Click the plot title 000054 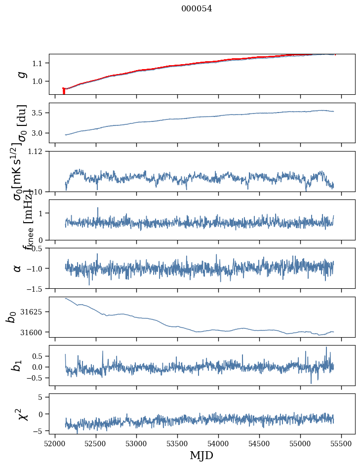point(197,8)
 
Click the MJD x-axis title point(201,456)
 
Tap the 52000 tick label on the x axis point(55,444)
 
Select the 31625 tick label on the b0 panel point(35,312)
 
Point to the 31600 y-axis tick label point(35,332)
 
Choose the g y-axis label point(21,74)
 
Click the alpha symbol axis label point(18,268)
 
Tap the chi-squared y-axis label point(22,414)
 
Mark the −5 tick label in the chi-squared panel point(40,431)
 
